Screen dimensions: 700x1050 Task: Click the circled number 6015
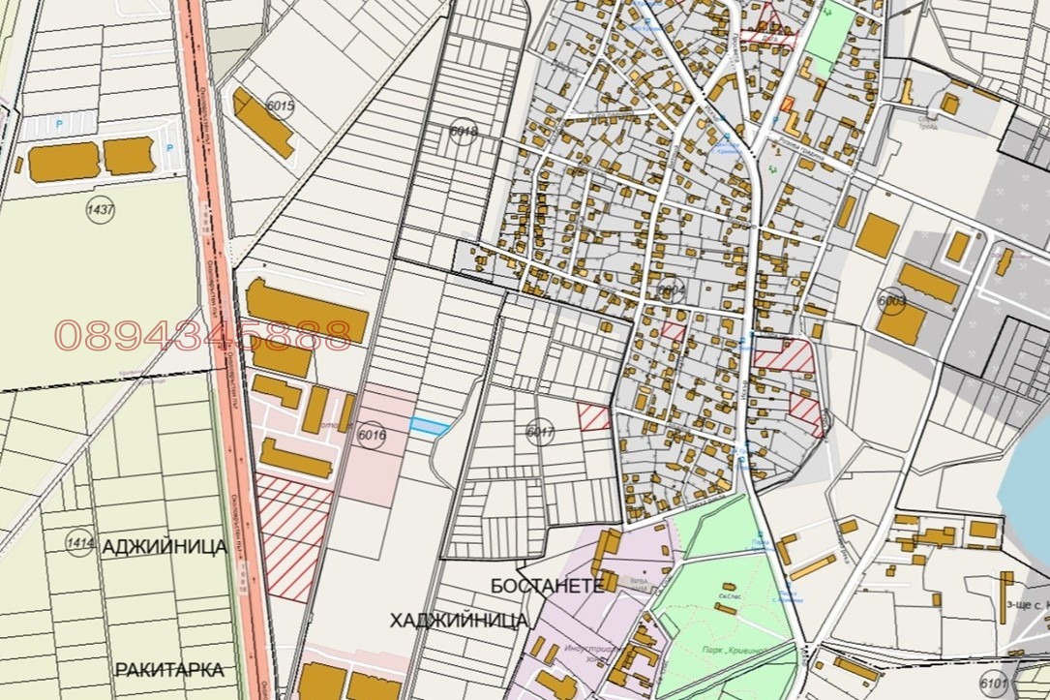281,107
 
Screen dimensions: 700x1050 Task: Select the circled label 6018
465,133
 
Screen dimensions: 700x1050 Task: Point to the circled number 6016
371,436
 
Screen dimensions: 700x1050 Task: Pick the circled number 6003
891,301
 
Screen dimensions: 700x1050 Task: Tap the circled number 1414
79,543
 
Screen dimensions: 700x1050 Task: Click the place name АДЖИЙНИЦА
164,547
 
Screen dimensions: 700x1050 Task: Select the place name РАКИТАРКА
169,669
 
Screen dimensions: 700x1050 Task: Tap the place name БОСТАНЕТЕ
547,586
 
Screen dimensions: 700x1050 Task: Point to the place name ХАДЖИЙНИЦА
459,620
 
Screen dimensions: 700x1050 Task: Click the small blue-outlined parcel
430,427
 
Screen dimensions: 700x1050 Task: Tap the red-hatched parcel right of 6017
595,417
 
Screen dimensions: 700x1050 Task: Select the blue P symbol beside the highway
170,147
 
